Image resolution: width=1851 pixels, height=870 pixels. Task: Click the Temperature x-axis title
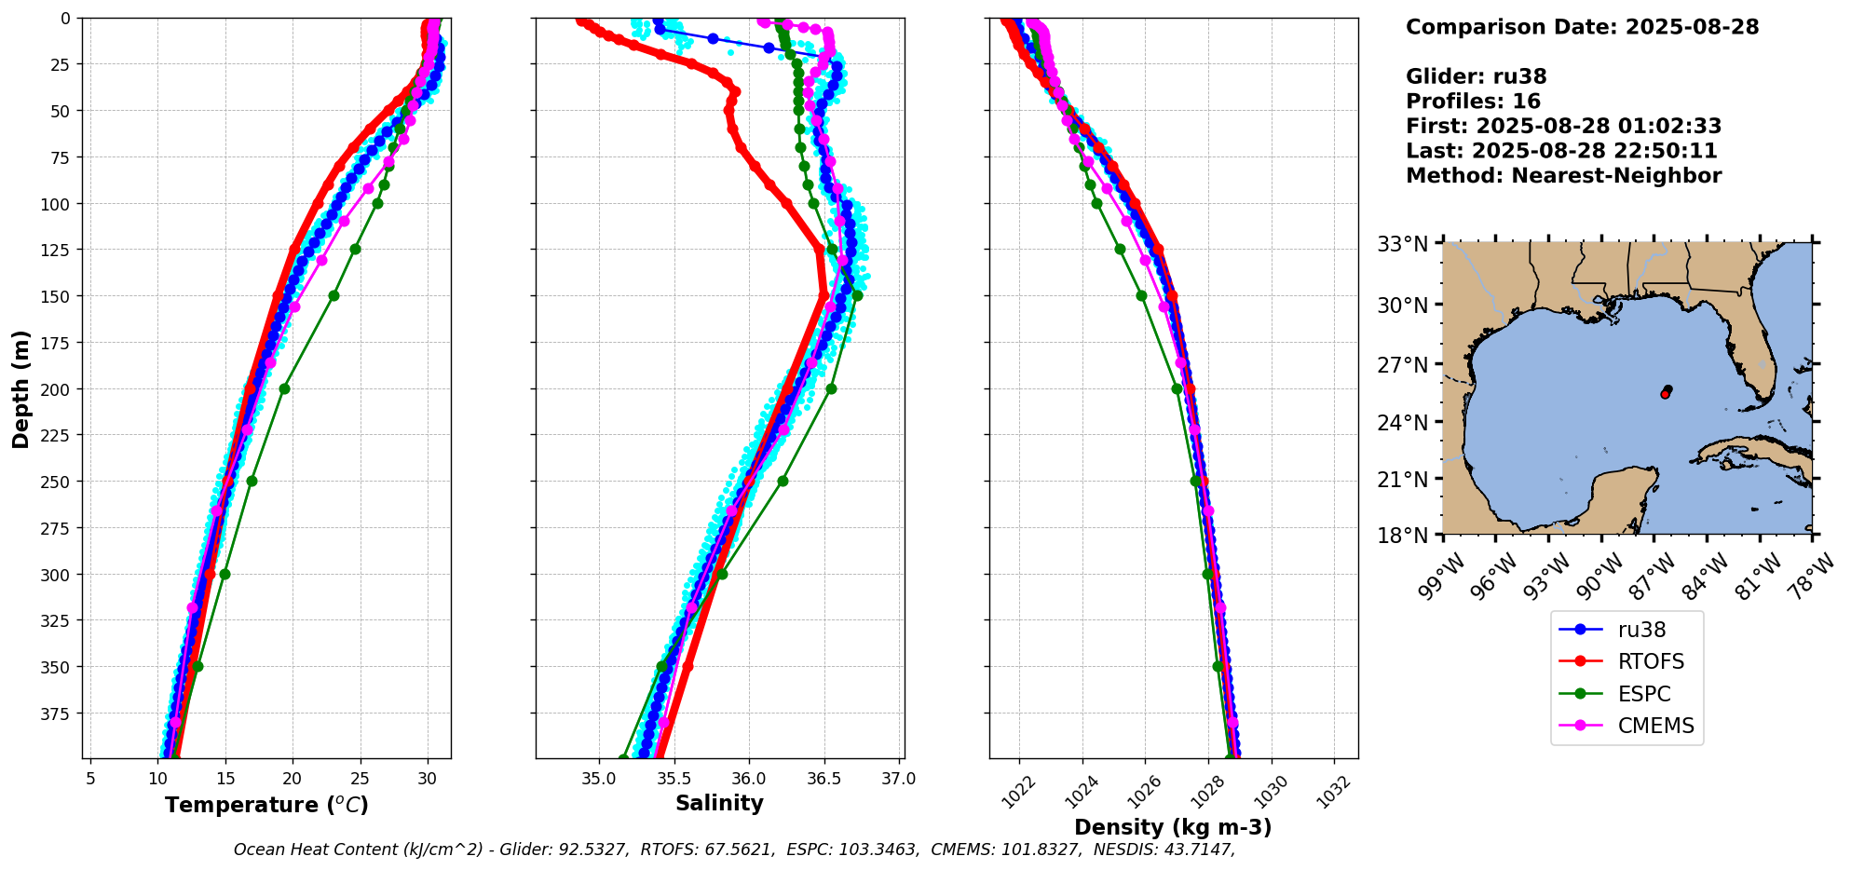pos(266,806)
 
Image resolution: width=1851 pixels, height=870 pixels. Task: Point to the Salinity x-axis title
pos(719,804)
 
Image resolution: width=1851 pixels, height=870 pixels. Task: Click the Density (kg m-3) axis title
pos(1173,827)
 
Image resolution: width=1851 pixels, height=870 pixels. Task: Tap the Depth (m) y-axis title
pos(21,388)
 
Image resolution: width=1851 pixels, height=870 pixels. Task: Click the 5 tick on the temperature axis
pos(90,779)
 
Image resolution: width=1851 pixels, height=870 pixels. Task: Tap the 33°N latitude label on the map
pos(1403,245)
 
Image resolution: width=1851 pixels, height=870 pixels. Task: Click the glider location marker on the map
pos(1666,392)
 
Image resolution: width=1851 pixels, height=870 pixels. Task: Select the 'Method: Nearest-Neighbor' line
pos(1563,176)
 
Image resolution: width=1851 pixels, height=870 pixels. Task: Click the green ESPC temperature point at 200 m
pos(284,388)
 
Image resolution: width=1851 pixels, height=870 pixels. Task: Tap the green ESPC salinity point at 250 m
pos(783,482)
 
